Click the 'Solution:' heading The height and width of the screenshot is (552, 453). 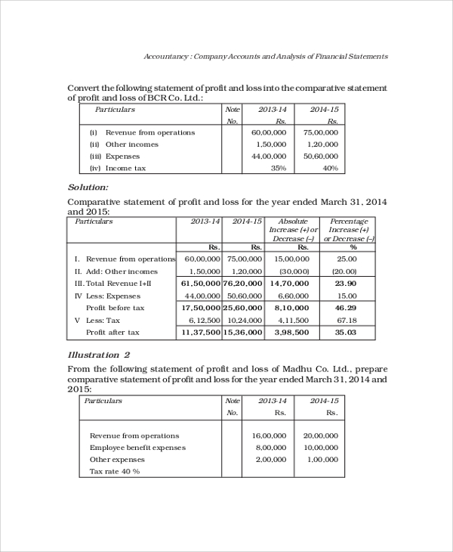pyautogui.click(x=88, y=187)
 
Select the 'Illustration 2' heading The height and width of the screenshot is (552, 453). pyautogui.click(x=99, y=355)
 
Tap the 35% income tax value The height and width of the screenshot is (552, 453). pyautogui.click(x=278, y=168)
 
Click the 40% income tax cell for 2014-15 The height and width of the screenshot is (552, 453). pyautogui.click(x=330, y=168)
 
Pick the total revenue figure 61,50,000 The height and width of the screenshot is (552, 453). pyautogui.click(x=201, y=283)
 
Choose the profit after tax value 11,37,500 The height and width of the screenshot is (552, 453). pyautogui.click(x=201, y=332)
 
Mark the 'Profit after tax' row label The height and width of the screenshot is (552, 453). pyautogui.click(x=112, y=332)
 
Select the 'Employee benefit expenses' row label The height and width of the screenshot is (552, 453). pyautogui.click(x=137, y=448)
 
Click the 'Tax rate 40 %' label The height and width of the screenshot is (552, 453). pyautogui.click(x=115, y=471)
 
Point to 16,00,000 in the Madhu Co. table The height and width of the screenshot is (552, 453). pyautogui.click(x=270, y=436)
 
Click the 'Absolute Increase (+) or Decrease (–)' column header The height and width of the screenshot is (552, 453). pyautogui.click(x=293, y=230)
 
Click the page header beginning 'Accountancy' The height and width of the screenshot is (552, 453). pyautogui.click(x=266, y=56)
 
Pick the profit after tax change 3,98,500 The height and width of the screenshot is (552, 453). pyautogui.click(x=292, y=332)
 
